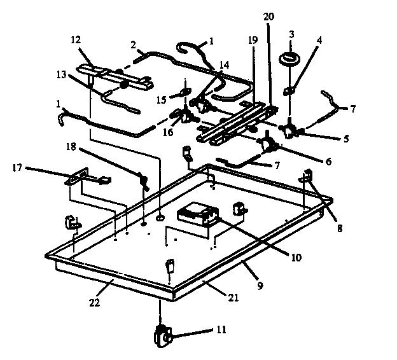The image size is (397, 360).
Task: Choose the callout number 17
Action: click(x=18, y=168)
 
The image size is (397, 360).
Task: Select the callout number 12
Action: click(x=75, y=39)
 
